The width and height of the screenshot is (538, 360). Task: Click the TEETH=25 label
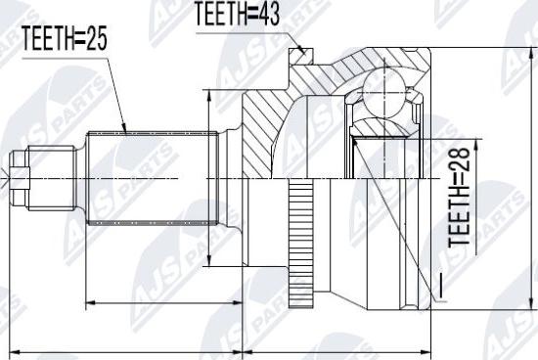coord(65,38)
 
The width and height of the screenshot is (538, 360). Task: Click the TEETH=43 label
coord(238,14)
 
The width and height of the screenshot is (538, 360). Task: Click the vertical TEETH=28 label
coord(459,197)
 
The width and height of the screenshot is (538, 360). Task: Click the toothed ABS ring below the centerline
coord(301,244)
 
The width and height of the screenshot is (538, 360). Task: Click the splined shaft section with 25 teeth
coord(153,178)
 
